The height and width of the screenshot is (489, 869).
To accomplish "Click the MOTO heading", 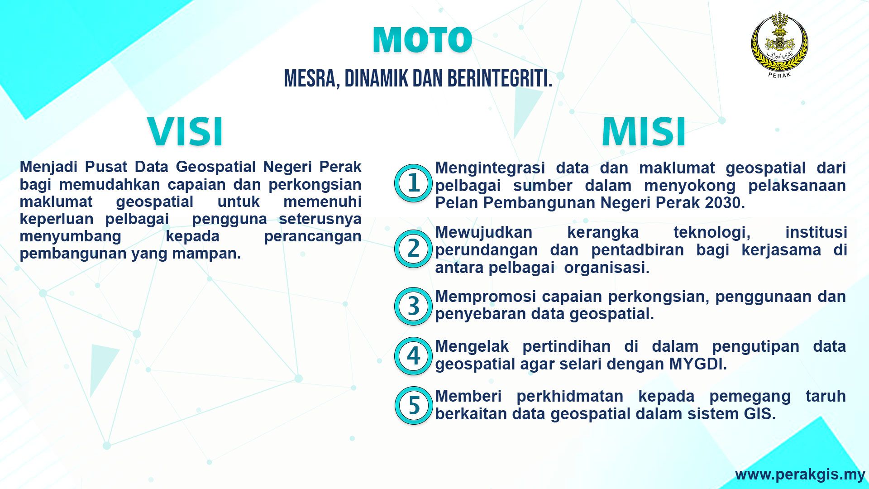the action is (423, 40).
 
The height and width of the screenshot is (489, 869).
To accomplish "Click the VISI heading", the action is (186, 132).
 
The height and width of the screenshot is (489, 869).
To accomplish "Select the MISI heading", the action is (644, 132).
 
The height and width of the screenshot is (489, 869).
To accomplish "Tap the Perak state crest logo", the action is (779, 44).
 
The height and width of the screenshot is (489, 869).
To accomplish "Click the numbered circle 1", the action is (413, 183).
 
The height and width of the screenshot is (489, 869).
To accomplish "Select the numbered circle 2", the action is (413, 249).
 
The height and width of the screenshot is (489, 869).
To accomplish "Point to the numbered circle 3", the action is (413, 306).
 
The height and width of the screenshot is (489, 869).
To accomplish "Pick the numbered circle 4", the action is (413, 356).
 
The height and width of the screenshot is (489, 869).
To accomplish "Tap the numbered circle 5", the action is (413, 405).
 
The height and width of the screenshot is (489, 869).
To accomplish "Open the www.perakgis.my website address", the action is (800, 474).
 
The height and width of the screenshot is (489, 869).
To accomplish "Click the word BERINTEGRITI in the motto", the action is (500, 79).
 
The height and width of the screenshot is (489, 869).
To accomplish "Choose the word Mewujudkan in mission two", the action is (484, 233).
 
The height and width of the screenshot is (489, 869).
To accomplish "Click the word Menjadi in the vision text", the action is (48, 167).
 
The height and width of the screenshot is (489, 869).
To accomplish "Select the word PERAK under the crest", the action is (779, 75).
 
